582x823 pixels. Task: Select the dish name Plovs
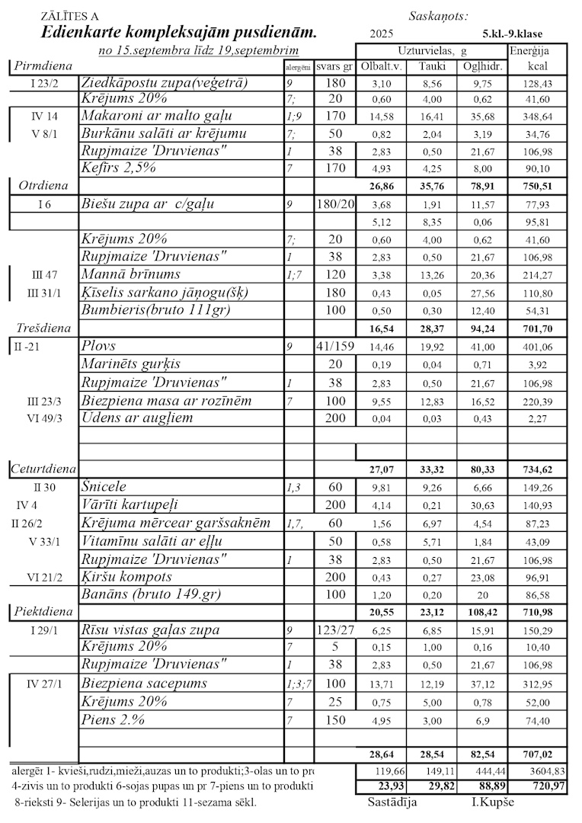(x=98, y=346)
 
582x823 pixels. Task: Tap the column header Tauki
(x=432, y=66)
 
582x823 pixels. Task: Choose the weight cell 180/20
(x=334, y=204)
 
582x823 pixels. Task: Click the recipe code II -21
(x=31, y=347)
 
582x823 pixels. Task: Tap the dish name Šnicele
(x=104, y=486)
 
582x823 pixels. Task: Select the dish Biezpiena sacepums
(x=144, y=684)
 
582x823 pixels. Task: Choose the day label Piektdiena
(x=43, y=610)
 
